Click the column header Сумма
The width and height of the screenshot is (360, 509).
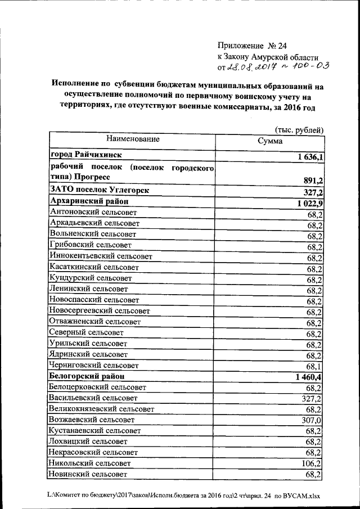(x=270, y=142)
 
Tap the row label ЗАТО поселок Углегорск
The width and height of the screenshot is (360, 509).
(x=100, y=190)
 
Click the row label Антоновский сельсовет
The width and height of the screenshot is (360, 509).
(x=93, y=212)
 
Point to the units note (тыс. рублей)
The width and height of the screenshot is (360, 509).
(x=299, y=130)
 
